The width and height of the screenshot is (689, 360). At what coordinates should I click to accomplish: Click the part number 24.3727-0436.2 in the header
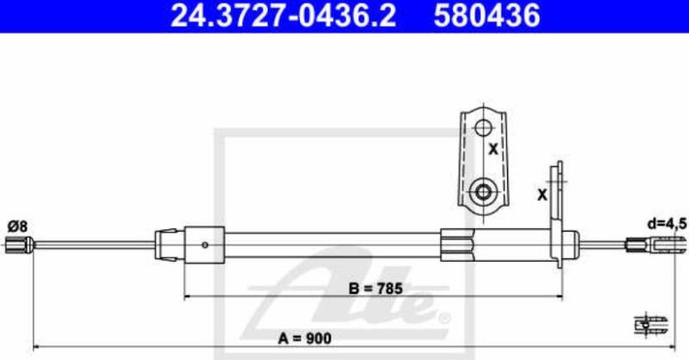click(x=283, y=16)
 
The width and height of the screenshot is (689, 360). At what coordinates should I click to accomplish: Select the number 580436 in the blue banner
click(x=487, y=16)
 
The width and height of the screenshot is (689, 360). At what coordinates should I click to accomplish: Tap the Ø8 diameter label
click(x=17, y=227)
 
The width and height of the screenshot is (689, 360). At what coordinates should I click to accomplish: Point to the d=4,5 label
click(x=667, y=224)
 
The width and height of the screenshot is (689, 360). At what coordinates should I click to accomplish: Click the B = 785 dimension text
click(x=376, y=289)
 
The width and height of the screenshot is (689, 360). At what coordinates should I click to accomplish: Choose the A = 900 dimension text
click(x=305, y=338)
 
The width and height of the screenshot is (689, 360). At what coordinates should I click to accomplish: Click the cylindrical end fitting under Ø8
click(x=19, y=245)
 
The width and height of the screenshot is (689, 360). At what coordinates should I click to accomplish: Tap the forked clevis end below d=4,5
click(x=656, y=245)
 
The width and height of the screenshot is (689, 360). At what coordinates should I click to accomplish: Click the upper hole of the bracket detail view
click(x=483, y=128)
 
